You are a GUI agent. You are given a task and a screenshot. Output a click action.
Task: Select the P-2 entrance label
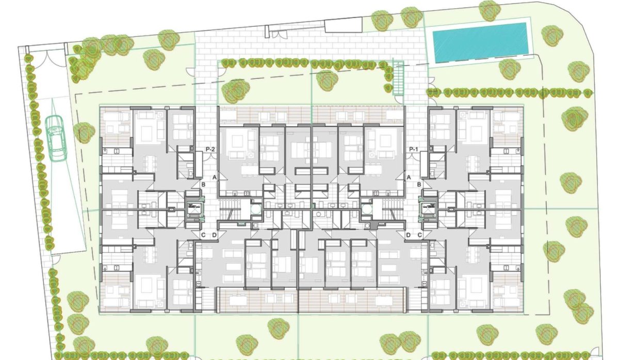210,150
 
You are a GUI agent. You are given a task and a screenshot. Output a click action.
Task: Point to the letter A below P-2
214,177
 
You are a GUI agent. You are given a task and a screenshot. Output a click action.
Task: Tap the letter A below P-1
409,177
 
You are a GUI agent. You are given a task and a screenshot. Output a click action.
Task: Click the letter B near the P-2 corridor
204,184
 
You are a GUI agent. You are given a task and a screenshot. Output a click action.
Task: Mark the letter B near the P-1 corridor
419,184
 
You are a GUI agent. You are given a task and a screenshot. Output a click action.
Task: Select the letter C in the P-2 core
203,236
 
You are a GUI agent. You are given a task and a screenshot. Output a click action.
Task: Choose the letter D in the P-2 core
214,236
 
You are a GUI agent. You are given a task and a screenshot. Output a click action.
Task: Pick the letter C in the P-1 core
419,236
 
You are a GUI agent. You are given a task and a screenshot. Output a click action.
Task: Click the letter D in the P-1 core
409,236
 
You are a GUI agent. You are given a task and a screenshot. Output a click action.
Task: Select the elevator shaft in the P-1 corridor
429,208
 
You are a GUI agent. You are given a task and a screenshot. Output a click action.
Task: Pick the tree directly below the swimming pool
509,69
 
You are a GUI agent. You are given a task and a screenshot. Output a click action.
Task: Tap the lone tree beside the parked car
84,133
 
